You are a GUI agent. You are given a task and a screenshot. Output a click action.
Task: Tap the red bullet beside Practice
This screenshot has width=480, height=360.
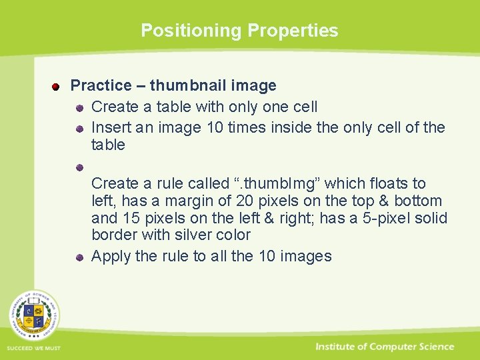[x=57, y=87]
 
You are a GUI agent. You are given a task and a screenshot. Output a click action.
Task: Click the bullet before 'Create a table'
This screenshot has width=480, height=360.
[x=79, y=107]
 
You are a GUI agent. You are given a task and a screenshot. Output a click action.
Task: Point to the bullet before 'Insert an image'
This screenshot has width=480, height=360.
[x=79, y=128]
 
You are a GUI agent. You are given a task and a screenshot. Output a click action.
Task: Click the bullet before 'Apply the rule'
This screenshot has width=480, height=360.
[x=79, y=257]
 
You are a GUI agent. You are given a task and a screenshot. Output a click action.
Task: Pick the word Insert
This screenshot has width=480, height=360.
[x=108, y=127]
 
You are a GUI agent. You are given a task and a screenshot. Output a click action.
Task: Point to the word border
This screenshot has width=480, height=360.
[x=113, y=235]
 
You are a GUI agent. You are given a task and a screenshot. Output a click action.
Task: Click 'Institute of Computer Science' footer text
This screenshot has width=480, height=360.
[x=385, y=347]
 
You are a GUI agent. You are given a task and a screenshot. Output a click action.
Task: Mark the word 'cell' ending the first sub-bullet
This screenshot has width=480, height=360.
[x=305, y=107]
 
